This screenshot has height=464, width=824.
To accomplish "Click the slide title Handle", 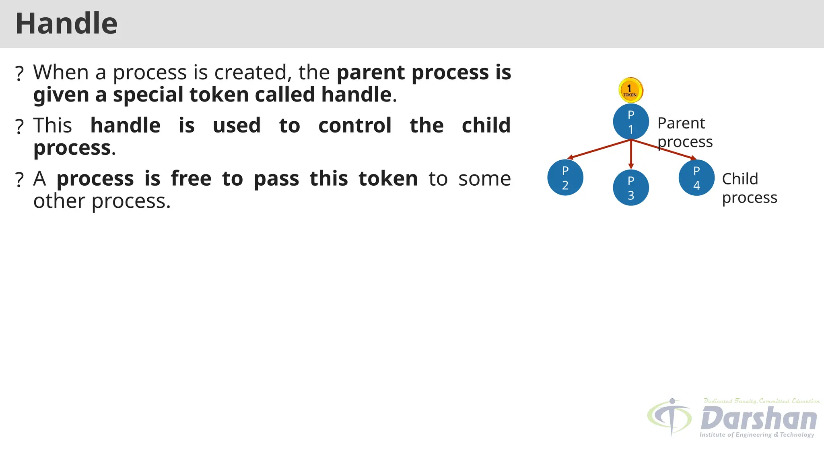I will click(x=66, y=24).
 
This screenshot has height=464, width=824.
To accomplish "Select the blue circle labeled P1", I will click(x=630, y=122).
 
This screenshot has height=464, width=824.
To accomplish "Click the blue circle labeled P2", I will click(x=565, y=178).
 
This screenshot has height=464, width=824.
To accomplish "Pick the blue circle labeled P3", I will click(x=630, y=188).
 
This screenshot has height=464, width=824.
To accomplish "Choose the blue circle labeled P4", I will click(x=696, y=178).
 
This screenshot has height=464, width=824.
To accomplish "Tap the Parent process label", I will click(x=684, y=132).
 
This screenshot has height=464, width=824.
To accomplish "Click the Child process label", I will click(x=749, y=188).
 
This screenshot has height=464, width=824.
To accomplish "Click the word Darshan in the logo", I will click(x=758, y=418).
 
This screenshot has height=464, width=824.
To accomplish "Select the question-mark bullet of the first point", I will click(x=19, y=74).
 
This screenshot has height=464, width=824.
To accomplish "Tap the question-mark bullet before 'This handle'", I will click(x=19, y=127).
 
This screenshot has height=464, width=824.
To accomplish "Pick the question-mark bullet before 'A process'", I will click(x=19, y=180).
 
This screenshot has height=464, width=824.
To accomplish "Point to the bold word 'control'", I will click(x=354, y=126).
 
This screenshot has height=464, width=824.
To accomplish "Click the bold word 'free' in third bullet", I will click(x=191, y=179).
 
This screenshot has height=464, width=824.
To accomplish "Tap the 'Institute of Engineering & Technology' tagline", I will click(x=756, y=435).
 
